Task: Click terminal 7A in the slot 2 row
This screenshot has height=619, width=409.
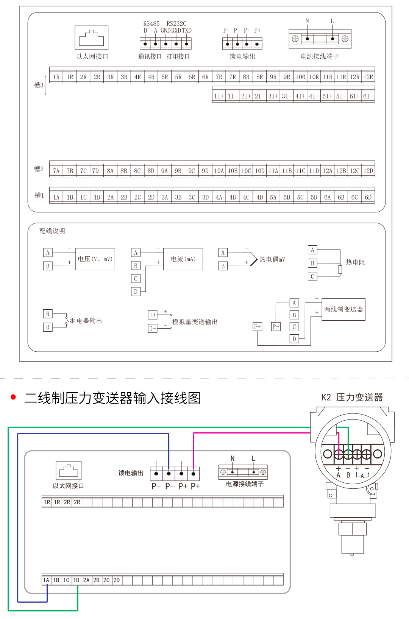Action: (x=56, y=171)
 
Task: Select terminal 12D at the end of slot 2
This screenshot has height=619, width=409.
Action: (x=368, y=171)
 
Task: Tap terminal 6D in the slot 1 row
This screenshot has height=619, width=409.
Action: (x=368, y=197)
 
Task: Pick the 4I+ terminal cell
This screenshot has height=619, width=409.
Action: (x=300, y=96)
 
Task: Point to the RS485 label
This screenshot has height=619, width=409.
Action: (x=151, y=23)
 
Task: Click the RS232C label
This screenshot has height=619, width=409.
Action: (x=176, y=23)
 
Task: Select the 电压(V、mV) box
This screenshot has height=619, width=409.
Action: (x=95, y=259)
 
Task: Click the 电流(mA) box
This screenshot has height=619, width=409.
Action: (x=183, y=259)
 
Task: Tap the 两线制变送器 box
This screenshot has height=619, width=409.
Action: (x=343, y=309)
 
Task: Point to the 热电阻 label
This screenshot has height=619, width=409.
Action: (x=355, y=262)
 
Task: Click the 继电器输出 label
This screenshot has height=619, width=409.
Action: (x=86, y=321)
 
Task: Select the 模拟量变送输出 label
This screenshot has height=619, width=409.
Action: (x=195, y=322)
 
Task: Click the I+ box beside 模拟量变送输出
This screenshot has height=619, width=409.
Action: (x=152, y=315)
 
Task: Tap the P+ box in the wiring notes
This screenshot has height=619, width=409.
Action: (x=258, y=327)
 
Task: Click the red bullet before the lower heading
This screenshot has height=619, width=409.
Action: (x=14, y=397)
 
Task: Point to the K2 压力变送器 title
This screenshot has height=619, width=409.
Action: (x=352, y=397)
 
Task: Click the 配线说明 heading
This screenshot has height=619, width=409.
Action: (x=52, y=231)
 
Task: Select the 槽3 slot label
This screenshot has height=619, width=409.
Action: (x=39, y=85)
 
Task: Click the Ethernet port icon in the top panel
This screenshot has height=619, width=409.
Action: (x=92, y=37)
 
